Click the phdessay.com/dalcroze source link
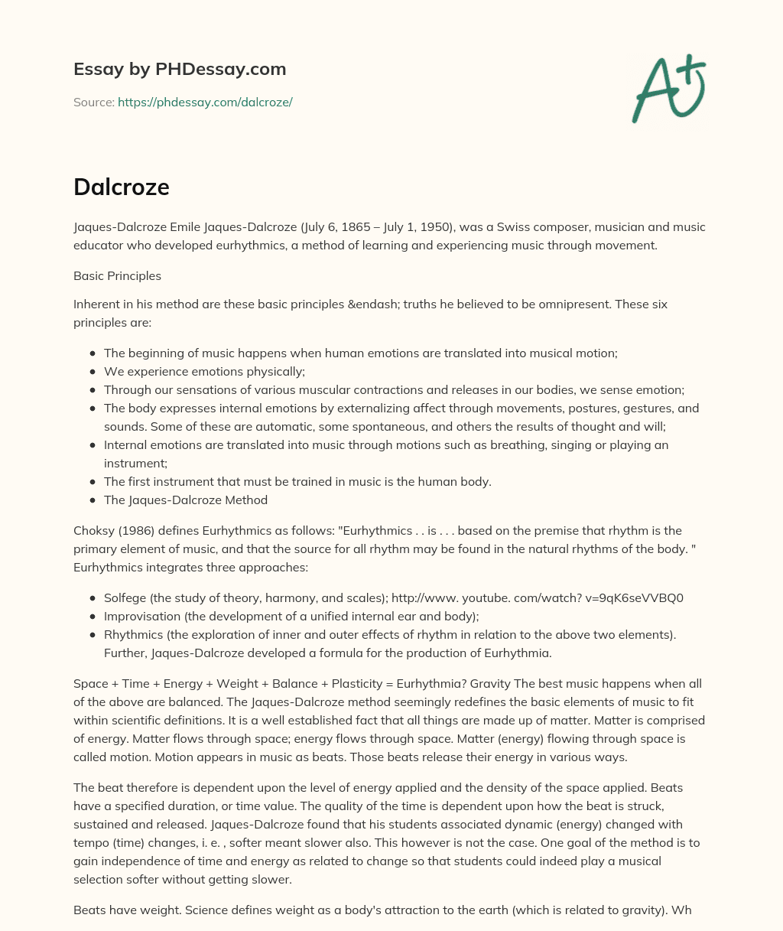point(205,102)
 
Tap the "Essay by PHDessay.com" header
point(180,69)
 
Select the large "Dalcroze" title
point(122,187)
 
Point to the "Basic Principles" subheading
point(117,275)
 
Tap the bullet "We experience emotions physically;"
point(204,371)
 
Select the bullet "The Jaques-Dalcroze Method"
point(186,500)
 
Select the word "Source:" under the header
point(93,102)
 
